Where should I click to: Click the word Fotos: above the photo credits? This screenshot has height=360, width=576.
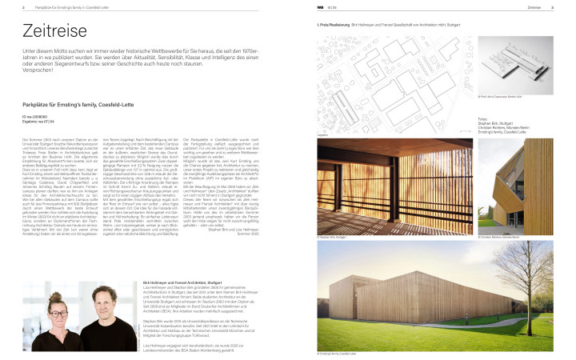[x=482, y=118]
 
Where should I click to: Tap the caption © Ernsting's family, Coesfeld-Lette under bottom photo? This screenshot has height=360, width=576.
[x=338, y=353]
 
